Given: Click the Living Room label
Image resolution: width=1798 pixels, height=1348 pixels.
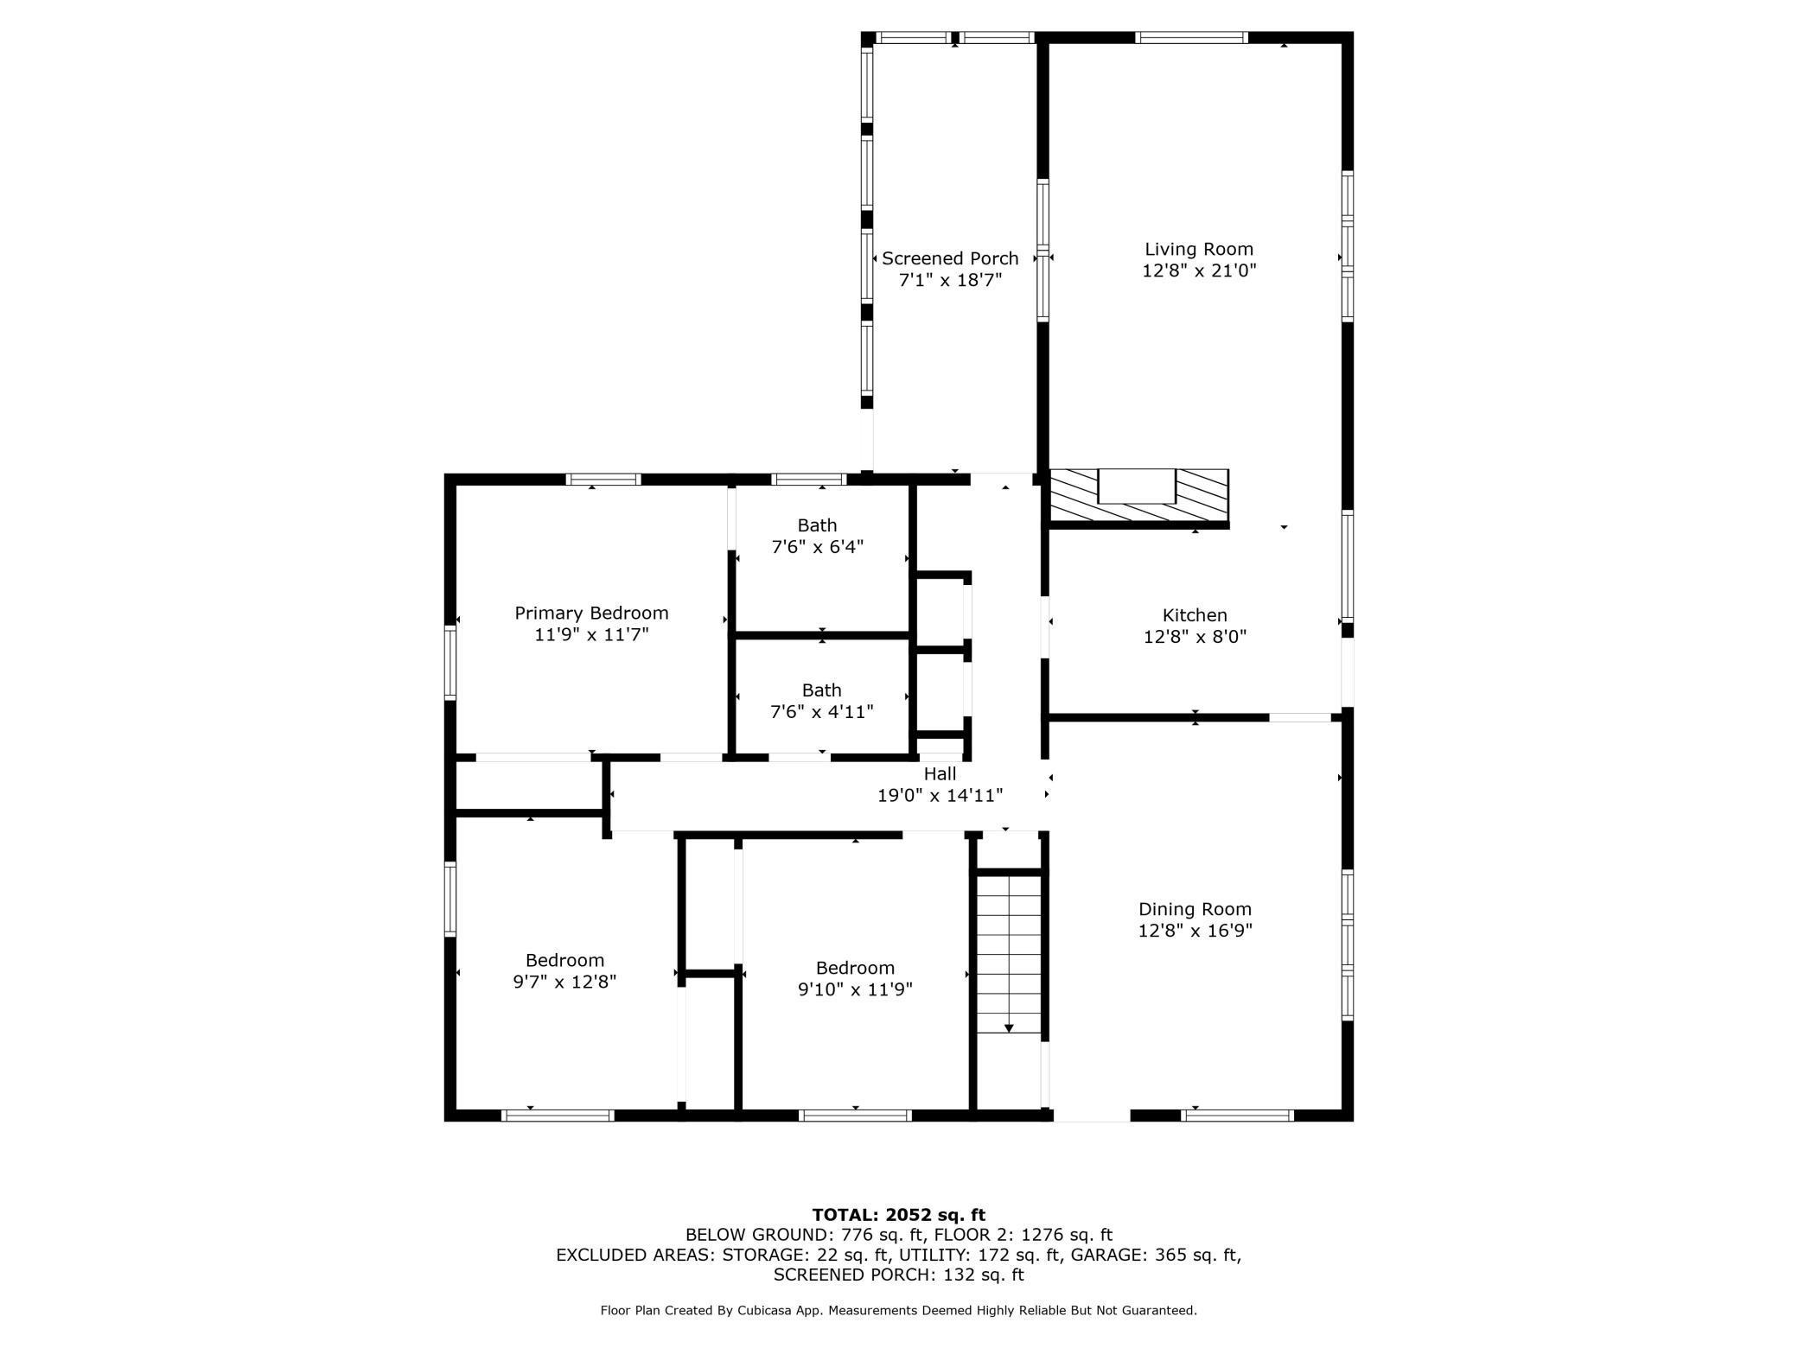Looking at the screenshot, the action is tap(1199, 250).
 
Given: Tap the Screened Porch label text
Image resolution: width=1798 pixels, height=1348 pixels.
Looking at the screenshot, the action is tap(950, 258).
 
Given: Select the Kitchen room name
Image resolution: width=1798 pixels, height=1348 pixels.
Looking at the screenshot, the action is tap(1195, 615).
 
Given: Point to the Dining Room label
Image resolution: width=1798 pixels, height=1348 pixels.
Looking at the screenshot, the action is tap(1195, 909).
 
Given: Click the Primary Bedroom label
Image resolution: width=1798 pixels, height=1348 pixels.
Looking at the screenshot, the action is tap(591, 614).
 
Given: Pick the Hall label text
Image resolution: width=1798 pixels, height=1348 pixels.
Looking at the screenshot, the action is tap(940, 774).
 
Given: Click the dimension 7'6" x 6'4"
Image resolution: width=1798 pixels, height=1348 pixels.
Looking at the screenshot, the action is tap(817, 547).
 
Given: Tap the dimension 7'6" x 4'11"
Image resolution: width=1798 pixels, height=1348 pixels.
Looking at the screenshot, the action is tap(821, 712).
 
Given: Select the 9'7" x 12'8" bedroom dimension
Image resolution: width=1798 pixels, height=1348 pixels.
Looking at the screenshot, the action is tap(564, 982).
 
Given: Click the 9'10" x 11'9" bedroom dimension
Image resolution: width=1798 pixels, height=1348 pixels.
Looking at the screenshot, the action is tap(855, 989).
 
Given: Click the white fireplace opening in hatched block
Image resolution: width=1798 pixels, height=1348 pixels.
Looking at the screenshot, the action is tap(1137, 486).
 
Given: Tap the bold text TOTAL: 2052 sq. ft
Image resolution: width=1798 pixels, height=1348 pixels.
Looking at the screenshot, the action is tap(899, 1215).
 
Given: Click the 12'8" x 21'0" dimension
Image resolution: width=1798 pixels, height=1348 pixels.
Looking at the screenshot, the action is tap(1199, 270).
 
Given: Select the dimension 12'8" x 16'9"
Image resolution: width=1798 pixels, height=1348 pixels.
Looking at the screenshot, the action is tap(1195, 931).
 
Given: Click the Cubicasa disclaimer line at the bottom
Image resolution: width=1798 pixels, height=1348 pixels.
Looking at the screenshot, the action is tap(899, 1311).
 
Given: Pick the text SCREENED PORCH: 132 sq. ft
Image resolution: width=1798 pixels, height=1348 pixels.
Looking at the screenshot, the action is tap(899, 1275).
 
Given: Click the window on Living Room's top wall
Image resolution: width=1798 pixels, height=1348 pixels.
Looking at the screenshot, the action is tap(1191, 37).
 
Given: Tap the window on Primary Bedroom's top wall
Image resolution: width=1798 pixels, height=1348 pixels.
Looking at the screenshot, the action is tap(603, 480).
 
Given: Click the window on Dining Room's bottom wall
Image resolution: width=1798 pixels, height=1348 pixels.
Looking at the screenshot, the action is tap(1237, 1116).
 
